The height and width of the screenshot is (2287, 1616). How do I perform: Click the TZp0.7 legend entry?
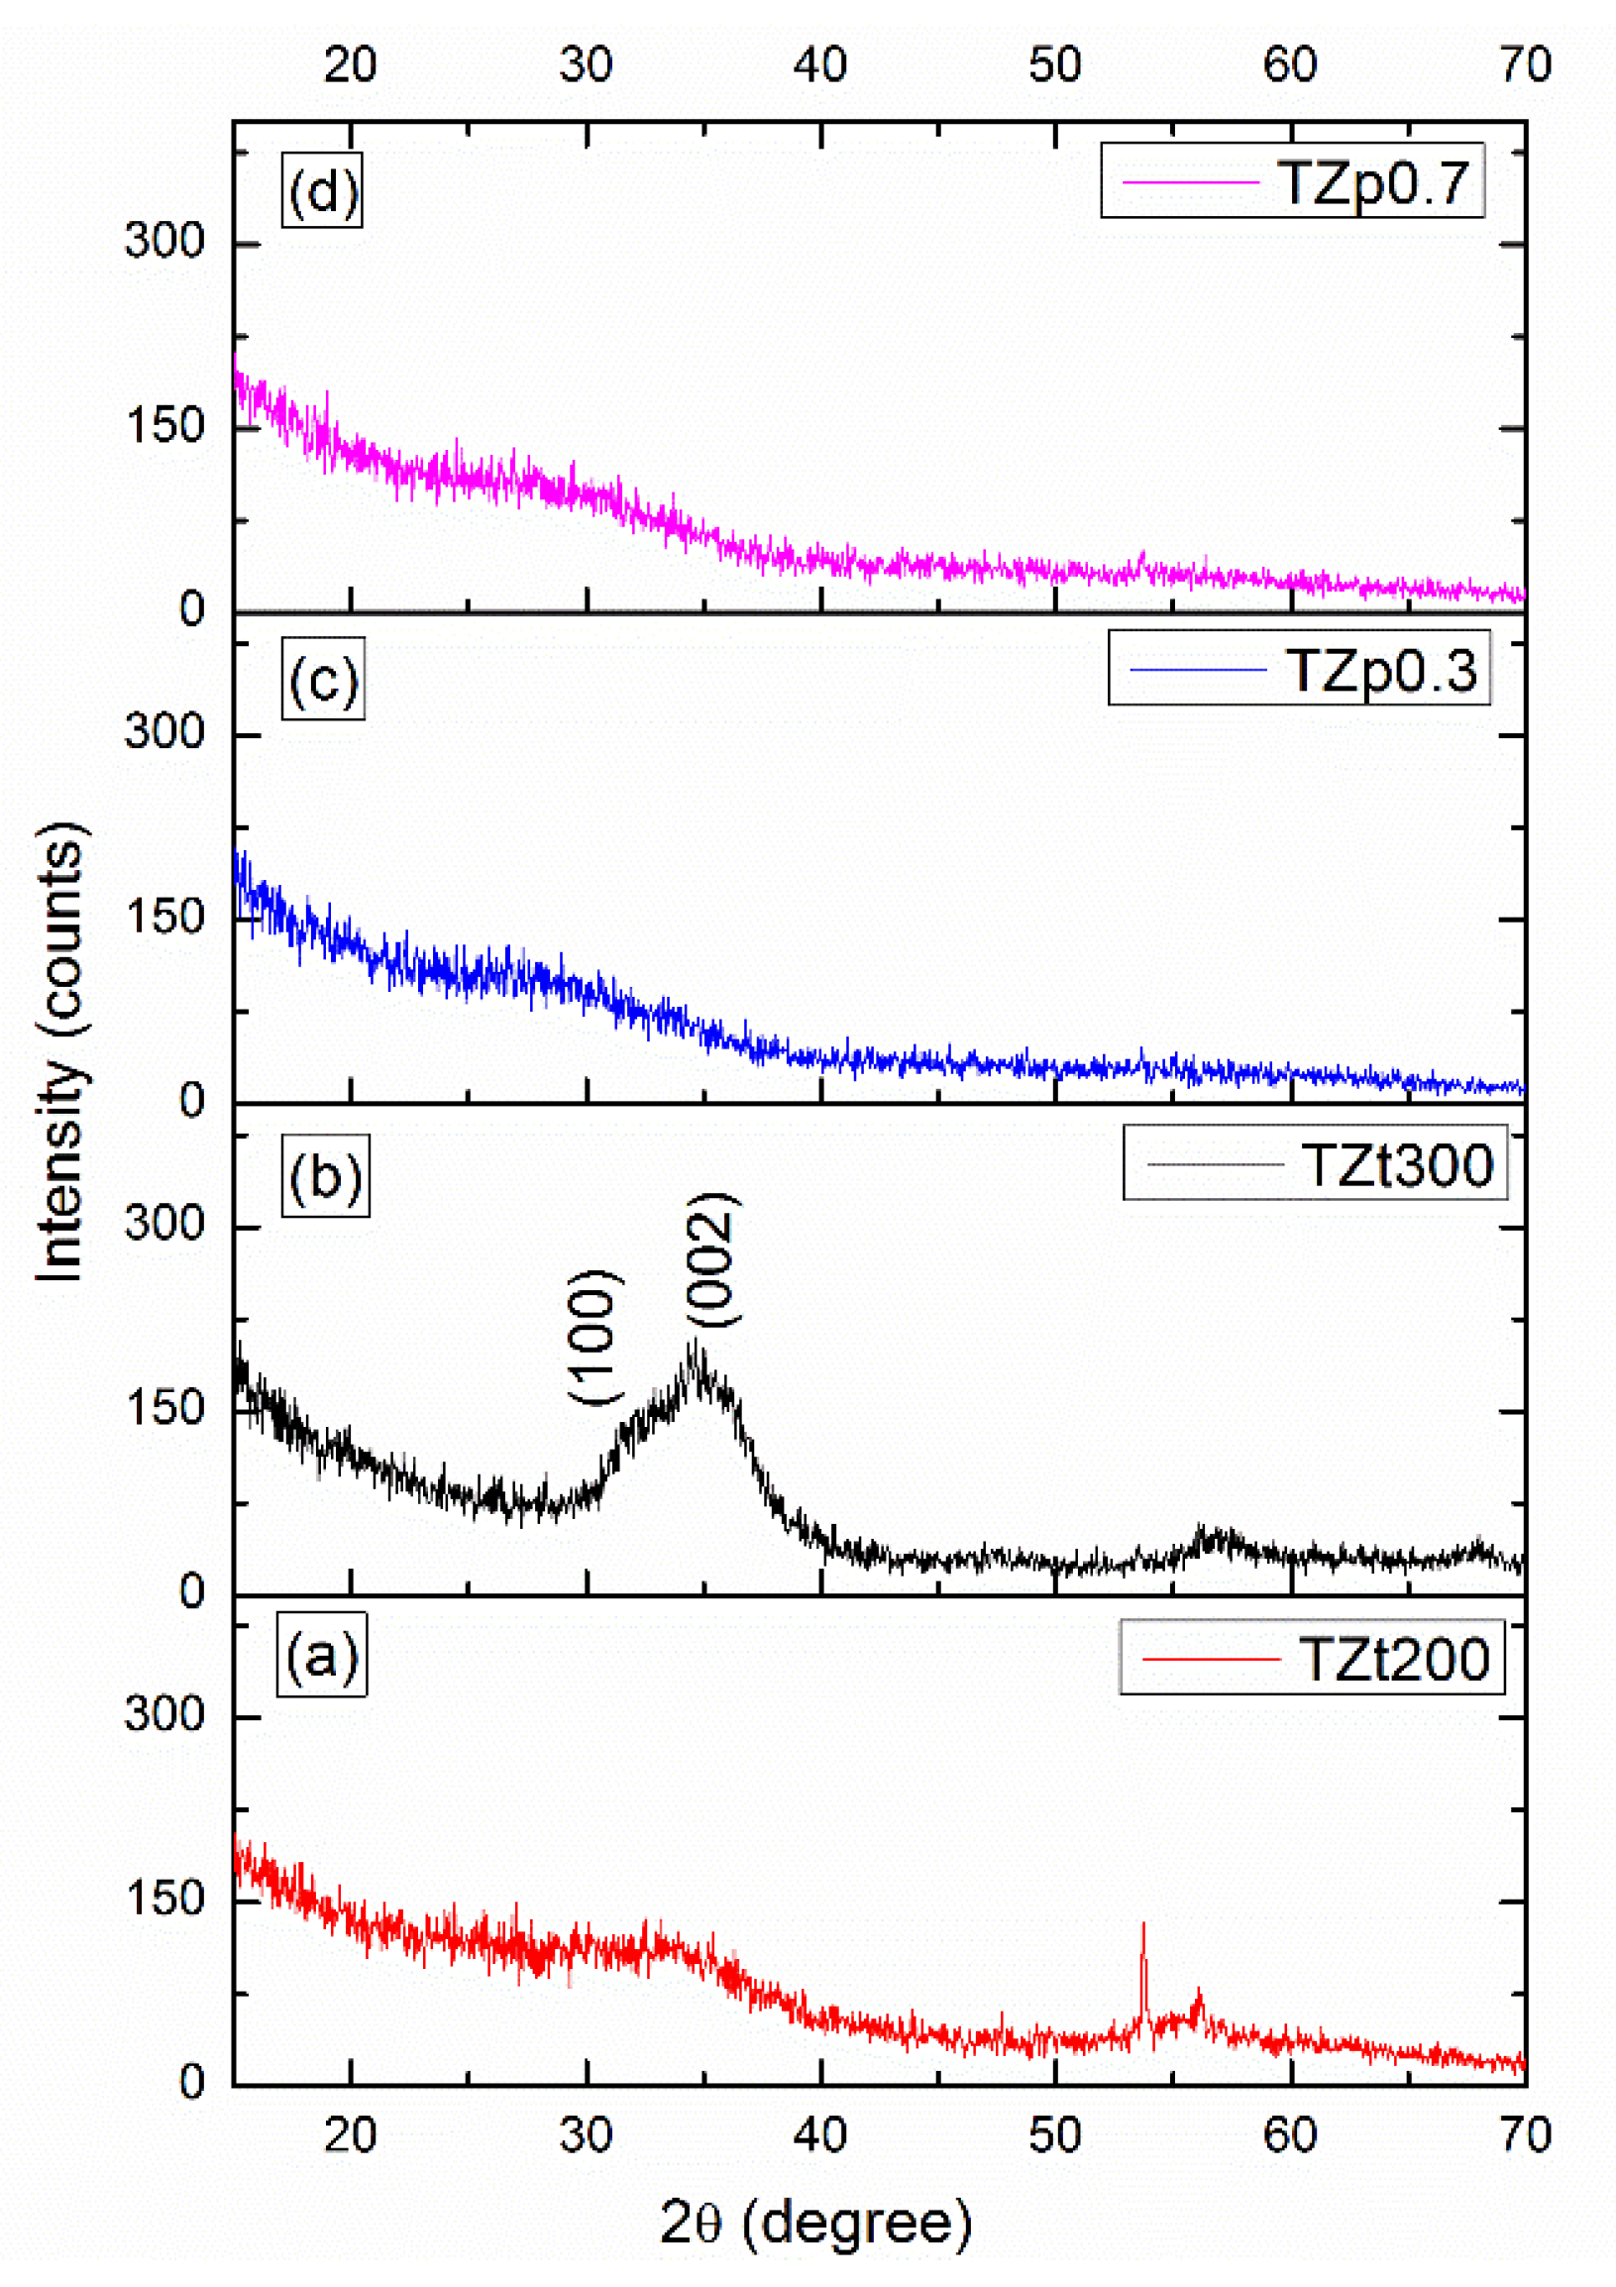(x=1291, y=181)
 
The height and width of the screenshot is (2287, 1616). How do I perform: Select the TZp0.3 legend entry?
(x=1298, y=669)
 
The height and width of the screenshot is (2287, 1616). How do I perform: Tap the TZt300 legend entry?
(x=1315, y=1163)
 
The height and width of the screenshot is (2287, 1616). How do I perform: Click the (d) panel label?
(x=322, y=190)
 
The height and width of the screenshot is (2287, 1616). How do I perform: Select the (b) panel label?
(x=325, y=1176)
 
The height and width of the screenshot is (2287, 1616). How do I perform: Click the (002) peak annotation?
(x=713, y=1259)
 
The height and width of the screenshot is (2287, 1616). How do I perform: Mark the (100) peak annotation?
(x=595, y=1338)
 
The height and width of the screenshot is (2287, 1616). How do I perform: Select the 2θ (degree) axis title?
(x=814, y=2224)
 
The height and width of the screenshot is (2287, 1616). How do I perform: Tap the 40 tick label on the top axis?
(x=819, y=65)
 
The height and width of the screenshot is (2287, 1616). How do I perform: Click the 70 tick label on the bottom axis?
(x=1525, y=2135)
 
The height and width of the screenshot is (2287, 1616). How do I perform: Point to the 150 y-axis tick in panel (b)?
(x=164, y=1409)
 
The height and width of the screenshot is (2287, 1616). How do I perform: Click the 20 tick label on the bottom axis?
(x=351, y=2135)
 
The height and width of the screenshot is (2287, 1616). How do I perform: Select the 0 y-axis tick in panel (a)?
(x=192, y=2083)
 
